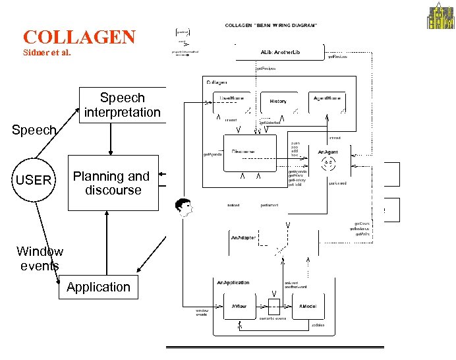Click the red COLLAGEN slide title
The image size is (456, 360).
coord(79,37)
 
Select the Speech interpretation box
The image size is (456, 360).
coord(122,105)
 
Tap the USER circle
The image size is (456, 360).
coord(34,179)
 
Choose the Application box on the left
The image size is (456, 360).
coord(98,287)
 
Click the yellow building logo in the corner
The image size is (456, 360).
coord(441,16)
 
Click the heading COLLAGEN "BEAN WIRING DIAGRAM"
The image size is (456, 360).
coord(271,25)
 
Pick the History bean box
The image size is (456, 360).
coord(278,101)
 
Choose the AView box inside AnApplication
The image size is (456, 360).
coord(239,307)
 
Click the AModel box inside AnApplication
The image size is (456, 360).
coord(308,307)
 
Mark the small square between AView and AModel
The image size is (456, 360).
coord(274,305)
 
